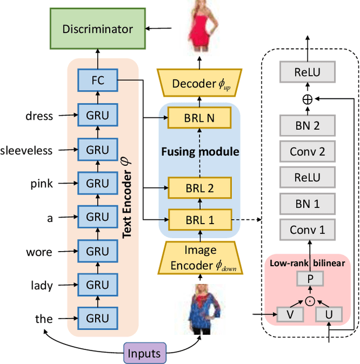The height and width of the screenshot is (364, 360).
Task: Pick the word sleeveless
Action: click(26, 150)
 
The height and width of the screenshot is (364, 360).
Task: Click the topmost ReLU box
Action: click(307, 72)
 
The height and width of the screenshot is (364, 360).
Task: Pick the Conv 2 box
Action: click(307, 151)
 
